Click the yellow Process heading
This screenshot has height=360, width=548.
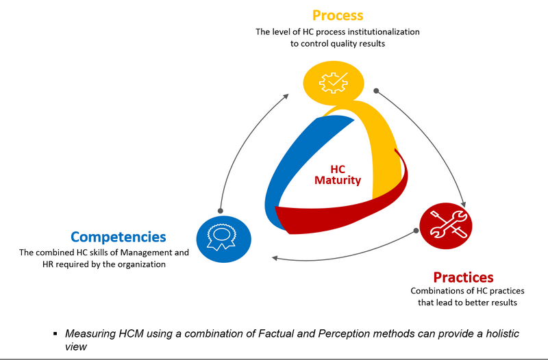coord(338,16)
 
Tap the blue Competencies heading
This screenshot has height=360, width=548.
coord(118,237)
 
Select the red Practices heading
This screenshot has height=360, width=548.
coord(464,277)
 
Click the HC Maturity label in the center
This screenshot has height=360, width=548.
coord(338,175)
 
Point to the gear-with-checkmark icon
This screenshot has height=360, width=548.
coord(334,83)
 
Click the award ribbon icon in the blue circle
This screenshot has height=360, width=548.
coord(221,237)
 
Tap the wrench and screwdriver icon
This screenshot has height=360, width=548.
coord(448,224)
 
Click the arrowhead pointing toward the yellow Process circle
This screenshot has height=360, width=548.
coord(286,97)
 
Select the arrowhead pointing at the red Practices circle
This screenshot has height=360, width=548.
coord(464,204)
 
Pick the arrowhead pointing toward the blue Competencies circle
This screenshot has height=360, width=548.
coord(275,258)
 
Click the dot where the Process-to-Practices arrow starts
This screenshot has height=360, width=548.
coord(376,91)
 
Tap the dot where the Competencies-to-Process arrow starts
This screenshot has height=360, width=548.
coord(220,211)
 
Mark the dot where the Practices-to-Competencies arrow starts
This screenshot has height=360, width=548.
coord(416,231)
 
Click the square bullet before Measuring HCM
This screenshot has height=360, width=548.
coord(55,334)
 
